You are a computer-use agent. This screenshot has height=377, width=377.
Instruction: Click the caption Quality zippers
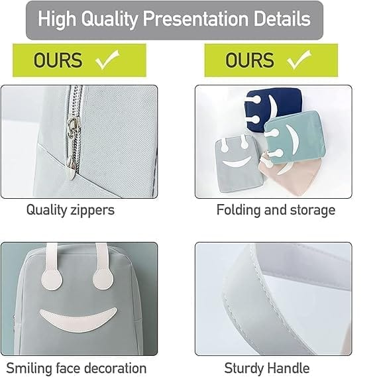click(70, 210)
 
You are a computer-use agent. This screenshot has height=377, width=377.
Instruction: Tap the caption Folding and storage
click(276, 210)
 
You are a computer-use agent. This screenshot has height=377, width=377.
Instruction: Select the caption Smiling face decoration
click(76, 368)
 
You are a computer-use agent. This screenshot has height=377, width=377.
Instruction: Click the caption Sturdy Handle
click(267, 368)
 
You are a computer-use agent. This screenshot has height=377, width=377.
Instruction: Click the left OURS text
click(58, 61)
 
